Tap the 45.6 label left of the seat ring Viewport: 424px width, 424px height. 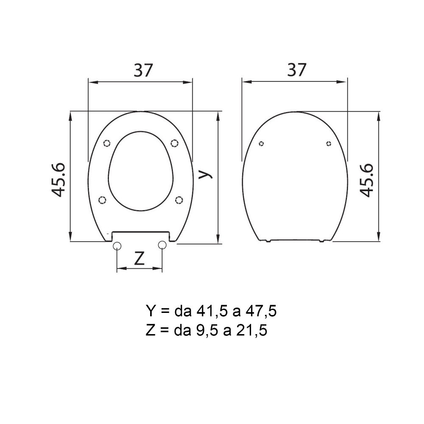(59, 180)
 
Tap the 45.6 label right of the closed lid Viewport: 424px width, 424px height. (366, 180)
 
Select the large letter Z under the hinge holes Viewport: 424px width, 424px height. (139, 258)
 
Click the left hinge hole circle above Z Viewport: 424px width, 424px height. (117, 245)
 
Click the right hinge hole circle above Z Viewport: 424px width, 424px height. (162, 245)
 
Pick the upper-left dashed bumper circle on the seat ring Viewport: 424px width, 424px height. (107, 143)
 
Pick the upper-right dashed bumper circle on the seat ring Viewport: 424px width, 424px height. (175, 143)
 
